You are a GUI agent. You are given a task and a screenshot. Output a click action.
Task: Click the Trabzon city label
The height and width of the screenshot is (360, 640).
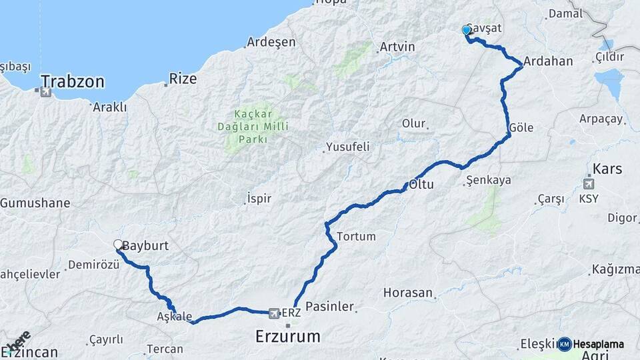[73, 82]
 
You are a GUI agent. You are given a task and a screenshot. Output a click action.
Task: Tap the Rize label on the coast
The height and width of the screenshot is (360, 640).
[183, 79]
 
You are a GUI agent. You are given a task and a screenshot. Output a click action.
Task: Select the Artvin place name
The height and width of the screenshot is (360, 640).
[397, 47]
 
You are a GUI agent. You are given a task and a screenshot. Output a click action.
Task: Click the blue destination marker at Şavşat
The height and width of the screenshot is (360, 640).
[467, 30]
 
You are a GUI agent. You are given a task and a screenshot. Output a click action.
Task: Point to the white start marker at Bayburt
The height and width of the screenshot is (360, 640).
[118, 245]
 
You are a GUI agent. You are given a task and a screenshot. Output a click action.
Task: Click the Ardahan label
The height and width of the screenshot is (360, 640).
[548, 61]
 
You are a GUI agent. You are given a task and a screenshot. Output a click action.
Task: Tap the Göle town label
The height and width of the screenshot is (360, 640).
[521, 128]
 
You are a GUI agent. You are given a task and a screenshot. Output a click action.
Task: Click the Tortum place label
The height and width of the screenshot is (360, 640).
[357, 237]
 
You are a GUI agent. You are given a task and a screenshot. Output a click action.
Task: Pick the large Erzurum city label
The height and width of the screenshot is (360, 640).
[288, 336]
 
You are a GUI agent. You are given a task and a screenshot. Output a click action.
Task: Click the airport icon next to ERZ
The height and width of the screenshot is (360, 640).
[273, 312]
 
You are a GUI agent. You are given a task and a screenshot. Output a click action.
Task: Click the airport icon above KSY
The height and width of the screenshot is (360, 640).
[589, 184]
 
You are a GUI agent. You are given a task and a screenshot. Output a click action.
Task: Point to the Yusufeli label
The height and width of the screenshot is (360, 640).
[347, 147]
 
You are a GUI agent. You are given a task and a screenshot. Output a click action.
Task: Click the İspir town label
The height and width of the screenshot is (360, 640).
[259, 199]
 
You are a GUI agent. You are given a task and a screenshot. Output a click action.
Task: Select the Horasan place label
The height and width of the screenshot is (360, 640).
[408, 293]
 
